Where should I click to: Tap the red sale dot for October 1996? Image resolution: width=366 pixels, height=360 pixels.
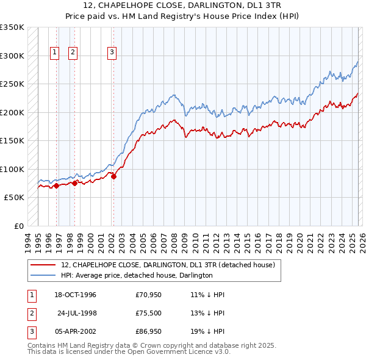(56, 185)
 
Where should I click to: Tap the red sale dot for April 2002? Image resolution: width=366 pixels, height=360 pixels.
(113, 177)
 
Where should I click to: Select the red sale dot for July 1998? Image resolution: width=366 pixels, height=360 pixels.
(74, 183)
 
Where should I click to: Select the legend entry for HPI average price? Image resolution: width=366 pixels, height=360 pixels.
(137, 275)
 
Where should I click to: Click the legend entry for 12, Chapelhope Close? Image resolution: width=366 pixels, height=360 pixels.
(168, 265)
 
